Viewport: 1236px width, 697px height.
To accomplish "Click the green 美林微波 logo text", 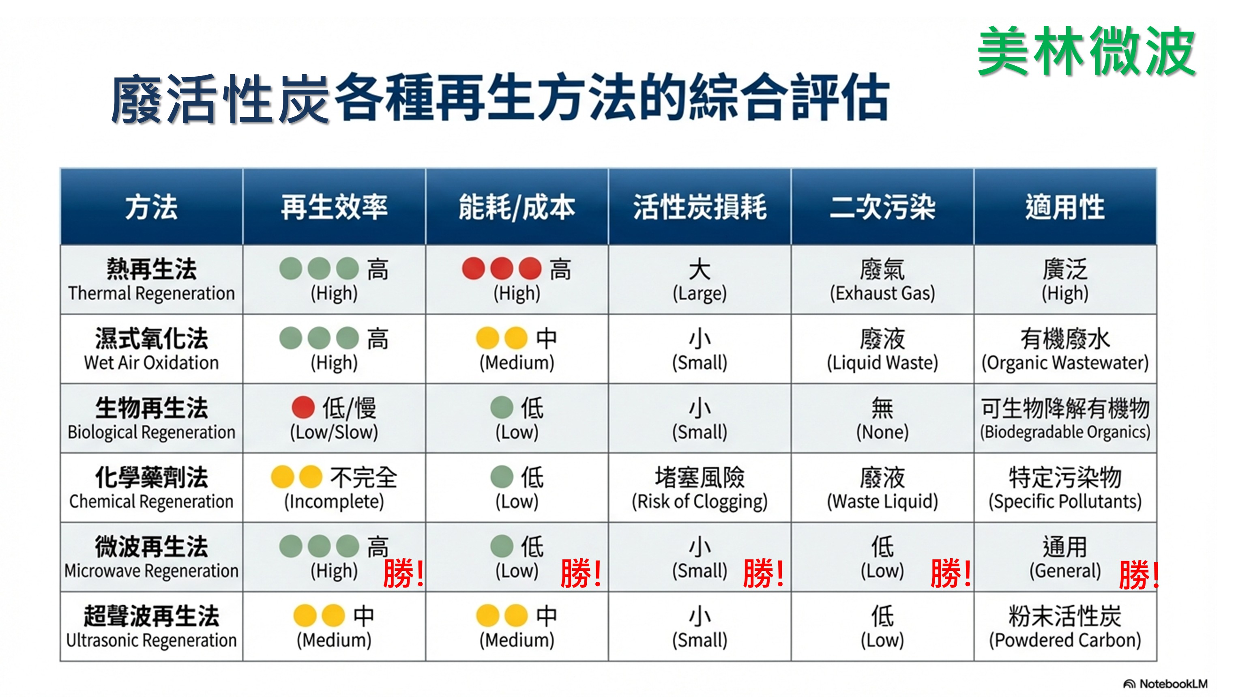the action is (1086, 52).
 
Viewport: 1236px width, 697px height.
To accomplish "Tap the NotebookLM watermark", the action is (1165, 684).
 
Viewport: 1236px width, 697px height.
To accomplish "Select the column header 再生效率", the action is (334, 207).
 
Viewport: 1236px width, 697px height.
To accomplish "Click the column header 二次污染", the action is (882, 207).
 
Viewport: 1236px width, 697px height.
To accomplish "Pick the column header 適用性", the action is (1065, 207).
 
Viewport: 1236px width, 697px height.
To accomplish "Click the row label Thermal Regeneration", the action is (152, 293).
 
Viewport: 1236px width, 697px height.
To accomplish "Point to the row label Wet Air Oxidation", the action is (152, 362).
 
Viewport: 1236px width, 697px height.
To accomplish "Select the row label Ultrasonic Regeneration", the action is (152, 640).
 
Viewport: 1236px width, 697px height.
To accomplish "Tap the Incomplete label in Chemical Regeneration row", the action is (334, 501).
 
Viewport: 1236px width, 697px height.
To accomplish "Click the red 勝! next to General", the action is (1139, 574).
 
